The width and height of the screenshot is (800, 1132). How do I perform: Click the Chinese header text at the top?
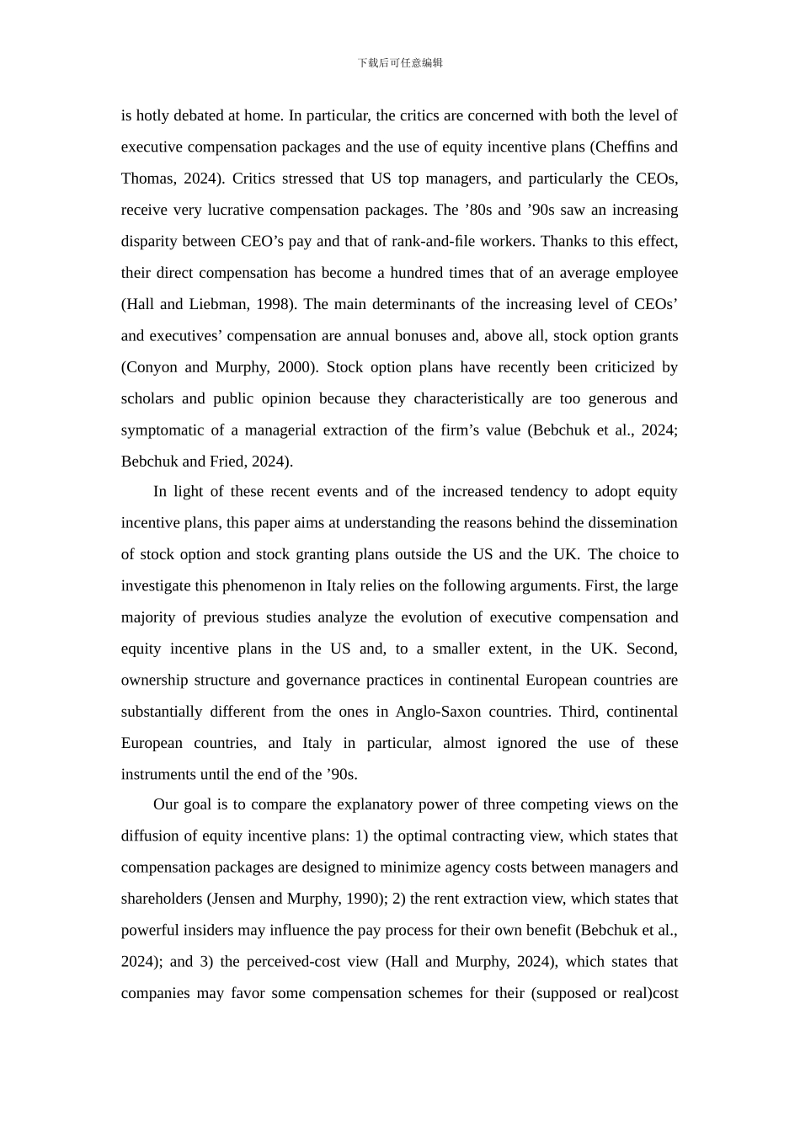point(400,63)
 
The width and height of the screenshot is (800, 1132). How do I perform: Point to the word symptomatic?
point(161,430)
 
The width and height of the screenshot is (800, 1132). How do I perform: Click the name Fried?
point(227,462)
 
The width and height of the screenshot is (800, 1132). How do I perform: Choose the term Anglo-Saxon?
point(438,712)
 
